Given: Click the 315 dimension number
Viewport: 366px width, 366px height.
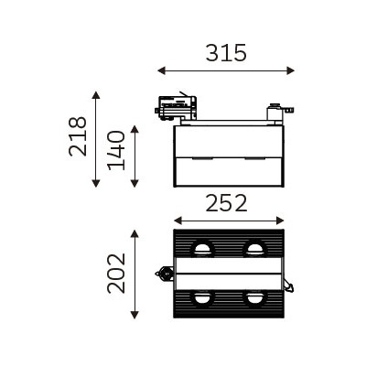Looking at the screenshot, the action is [x=226, y=53].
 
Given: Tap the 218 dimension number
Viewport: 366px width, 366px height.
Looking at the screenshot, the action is [x=78, y=136].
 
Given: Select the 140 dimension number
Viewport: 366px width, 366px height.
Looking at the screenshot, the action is [x=116, y=150].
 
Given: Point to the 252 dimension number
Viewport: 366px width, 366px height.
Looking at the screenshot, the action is [x=226, y=203].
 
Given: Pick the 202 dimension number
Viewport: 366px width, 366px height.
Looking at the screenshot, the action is [x=116, y=273].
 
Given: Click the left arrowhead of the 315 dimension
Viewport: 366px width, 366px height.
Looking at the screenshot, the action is [x=162, y=70].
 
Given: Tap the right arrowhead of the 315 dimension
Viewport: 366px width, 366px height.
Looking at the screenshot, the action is [x=291, y=70].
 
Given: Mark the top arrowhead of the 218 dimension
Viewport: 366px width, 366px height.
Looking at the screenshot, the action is [x=96, y=95].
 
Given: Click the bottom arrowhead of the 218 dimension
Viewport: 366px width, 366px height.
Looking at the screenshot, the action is [x=96, y=183].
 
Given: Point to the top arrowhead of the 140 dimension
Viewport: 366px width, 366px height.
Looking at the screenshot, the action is [x=135, y=129].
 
